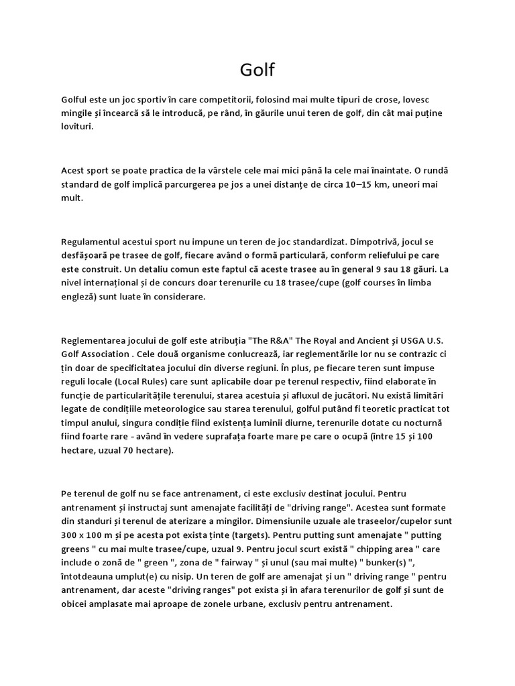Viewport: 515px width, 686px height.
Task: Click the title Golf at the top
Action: point(257,70)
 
